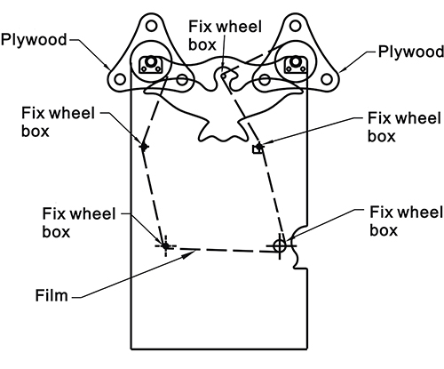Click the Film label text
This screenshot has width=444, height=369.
pyautogui.click(x=52, y=295)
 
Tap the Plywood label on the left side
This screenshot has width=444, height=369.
pyautogui.click(x=34, y=40)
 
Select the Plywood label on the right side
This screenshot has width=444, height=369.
pyautogui.click(x=411, y=52)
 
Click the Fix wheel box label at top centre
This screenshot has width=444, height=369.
pyautogui.click(x=225, y=36)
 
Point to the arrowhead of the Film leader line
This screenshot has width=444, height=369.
pyautogui.click(x=189, y=254)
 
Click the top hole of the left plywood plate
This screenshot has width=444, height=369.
pyautogui.click(x=151, y=26)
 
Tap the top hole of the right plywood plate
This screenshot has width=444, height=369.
pyautogui.click(x=295, y=26)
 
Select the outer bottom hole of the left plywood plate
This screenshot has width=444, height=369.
pyautogui.click(x=120, y=79)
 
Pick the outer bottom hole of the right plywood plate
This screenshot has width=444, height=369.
pyautogui.click(x=327, y=79)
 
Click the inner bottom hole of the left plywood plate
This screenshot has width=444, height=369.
pyautogui.click(x=182, y=79)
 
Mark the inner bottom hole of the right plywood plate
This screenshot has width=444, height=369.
pyautogui.click(x=265, y=79)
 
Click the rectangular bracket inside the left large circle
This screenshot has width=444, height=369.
pyautogui.click(x=151, y=65)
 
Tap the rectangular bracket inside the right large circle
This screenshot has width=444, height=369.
pyautogui.click(x=295, y=65)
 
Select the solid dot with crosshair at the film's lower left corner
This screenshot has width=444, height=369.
pyautogui.click(x=165, y=245)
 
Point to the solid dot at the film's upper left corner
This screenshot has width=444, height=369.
pyautogui.click(x=144, y=147)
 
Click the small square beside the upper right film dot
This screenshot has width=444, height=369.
pyautogui.click(x=257, y=149)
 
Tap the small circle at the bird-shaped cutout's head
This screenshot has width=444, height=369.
pyautogui.click(x=224, y=76)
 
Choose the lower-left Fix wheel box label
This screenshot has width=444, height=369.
pyautogui.click(x=79, y=222)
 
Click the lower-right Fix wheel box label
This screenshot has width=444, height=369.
pyautogui.click(x=407, y=221)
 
